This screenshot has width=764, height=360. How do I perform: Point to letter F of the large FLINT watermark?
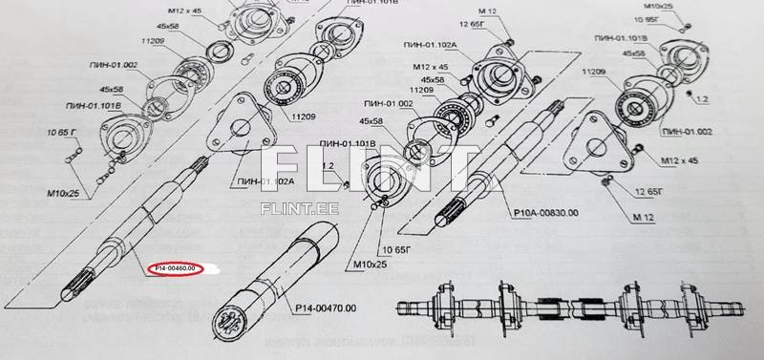click(286, 164)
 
